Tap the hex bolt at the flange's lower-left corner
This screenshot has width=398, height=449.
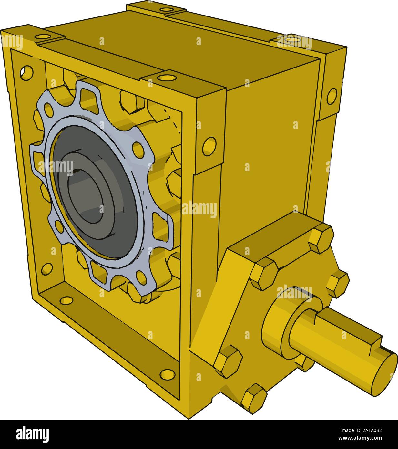pos(228,361)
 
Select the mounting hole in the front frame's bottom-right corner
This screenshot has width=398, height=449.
pos(167,374)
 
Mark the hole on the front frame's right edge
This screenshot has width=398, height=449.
pos(209,146)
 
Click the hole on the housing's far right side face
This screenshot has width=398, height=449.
pos(332,96)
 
